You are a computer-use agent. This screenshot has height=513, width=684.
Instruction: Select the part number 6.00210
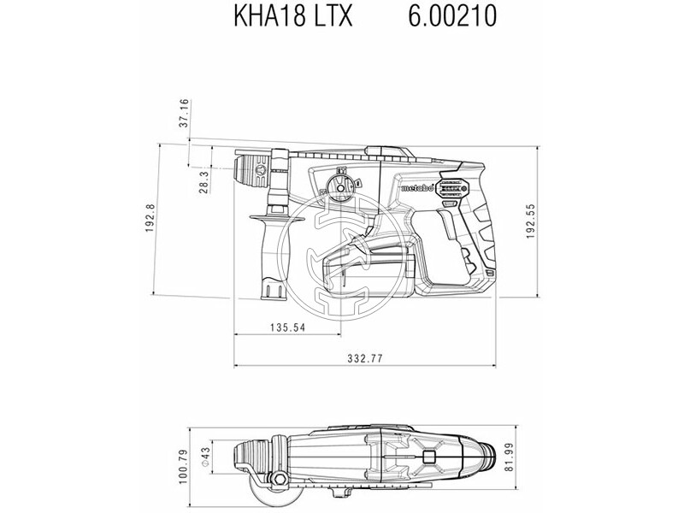443,18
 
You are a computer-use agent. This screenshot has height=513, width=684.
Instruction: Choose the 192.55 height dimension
530,221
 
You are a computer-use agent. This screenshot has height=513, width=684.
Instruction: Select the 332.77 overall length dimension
364,357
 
